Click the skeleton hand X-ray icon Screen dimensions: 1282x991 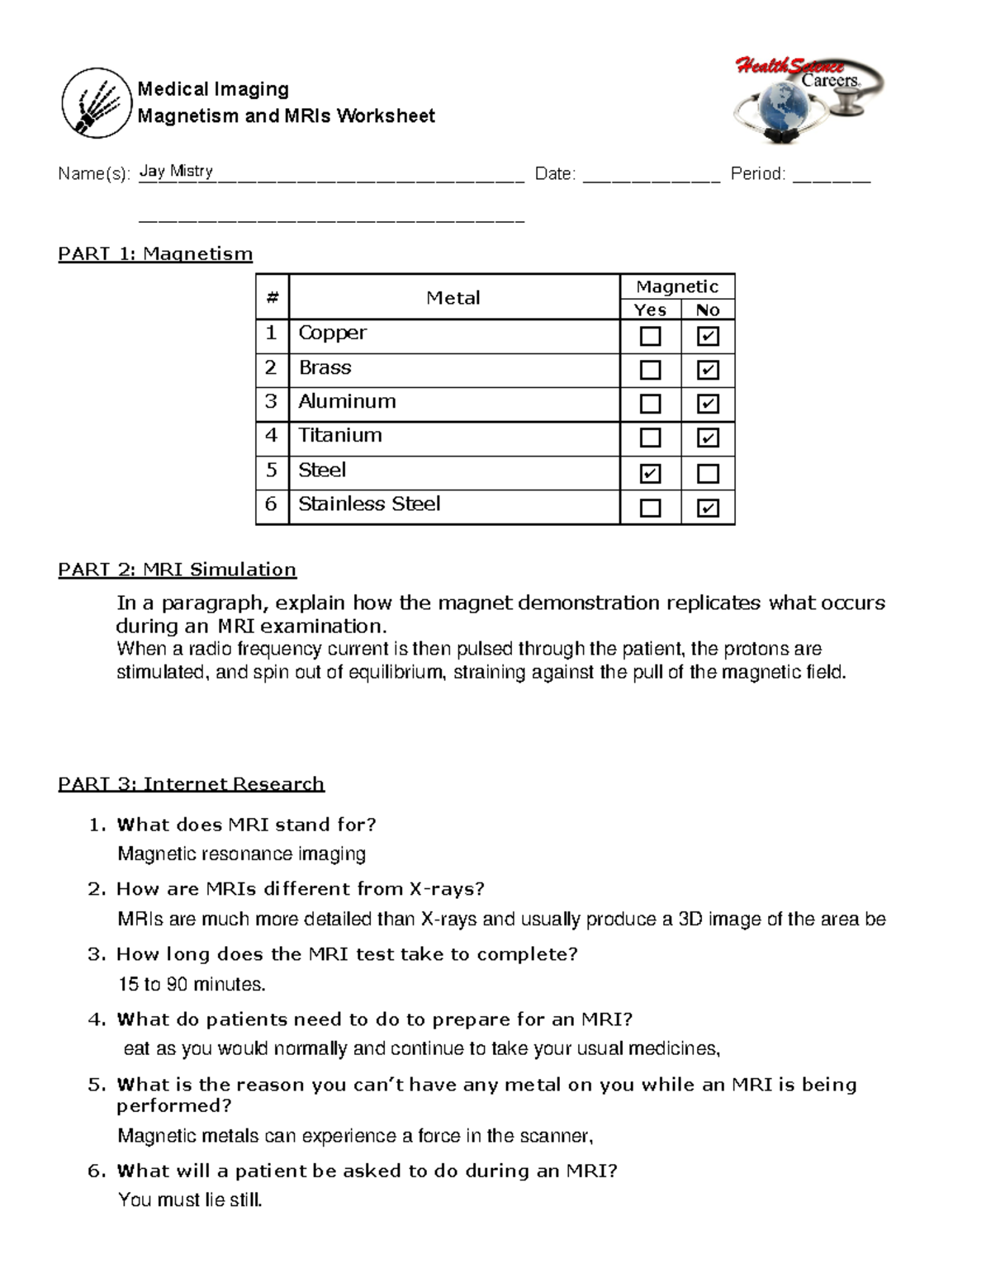[97, 103]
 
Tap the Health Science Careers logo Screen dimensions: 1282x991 [808, 100]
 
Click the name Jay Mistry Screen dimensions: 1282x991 [176, 171]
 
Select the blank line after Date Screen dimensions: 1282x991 [652, 176]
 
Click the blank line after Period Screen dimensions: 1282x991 [831, 176]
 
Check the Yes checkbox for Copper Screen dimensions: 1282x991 [651, 336]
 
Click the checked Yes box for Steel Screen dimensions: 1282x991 [651, 474]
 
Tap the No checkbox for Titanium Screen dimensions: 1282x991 [708, 438]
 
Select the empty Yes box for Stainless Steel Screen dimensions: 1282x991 [651, 508]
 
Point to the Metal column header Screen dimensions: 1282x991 [453, 298]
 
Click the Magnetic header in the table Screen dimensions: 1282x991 [677, 286]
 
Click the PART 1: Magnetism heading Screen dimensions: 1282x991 [155, 253]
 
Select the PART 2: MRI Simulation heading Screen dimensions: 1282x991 [177, 570]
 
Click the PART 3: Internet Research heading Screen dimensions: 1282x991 [191, 783]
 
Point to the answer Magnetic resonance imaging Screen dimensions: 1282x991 [241, 854]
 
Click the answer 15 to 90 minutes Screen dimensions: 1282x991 [192, 984]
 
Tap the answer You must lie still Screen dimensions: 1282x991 [190, 1200]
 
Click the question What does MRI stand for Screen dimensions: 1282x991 [246, 825]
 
